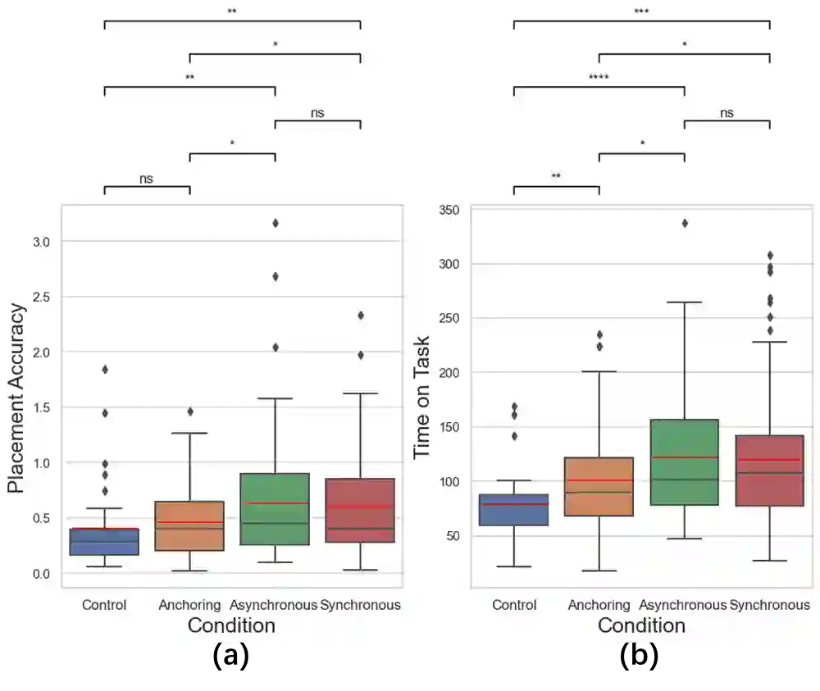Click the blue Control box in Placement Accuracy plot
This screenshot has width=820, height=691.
coord(104,541)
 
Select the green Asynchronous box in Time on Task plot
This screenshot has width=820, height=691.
coord(684,462)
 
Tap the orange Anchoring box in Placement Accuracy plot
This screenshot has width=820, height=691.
coord(189,525)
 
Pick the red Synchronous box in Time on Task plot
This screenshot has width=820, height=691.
coord(769,471)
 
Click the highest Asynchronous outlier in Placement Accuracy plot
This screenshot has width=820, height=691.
coord(276,223)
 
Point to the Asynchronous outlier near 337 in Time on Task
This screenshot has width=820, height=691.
coord(685,223)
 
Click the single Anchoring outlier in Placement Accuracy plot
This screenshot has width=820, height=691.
coord(190,411)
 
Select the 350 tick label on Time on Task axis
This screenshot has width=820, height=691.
coord(448,211)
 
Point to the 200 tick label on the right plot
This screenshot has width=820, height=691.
coord(448,373)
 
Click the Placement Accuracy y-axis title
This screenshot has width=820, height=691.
coord(16,398)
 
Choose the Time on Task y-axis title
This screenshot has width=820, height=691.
coord(421,398)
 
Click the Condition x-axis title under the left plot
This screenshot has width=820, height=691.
coord(231,625)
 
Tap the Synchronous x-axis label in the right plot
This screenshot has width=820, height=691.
coord(769,605)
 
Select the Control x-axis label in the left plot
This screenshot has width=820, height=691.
coord(104,605)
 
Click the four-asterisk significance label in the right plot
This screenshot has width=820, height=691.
coord(599,78)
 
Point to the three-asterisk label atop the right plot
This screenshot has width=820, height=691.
coord(641,11)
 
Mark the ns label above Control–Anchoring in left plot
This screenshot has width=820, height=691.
coord(146,179)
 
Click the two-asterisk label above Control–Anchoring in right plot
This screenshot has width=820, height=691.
coord(556,176)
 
